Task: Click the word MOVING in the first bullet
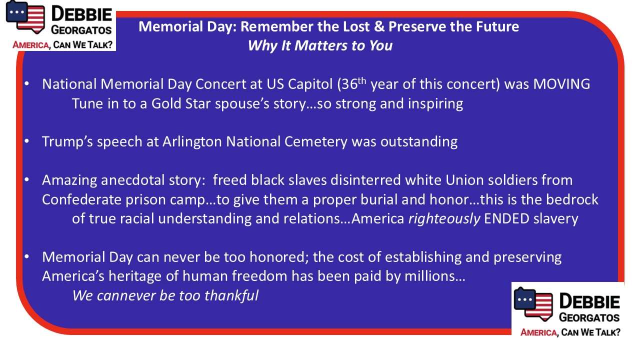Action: click(561, 84)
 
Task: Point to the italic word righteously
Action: click(444, 219)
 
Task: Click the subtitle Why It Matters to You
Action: click(320, 45)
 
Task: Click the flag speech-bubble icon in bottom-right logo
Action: click(533, 304)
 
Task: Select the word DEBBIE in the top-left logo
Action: click(81, 14)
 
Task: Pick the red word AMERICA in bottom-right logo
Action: click(538, 332)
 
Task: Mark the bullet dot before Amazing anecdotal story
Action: click(27, 180)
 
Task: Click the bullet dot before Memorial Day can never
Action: click(27, 257)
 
